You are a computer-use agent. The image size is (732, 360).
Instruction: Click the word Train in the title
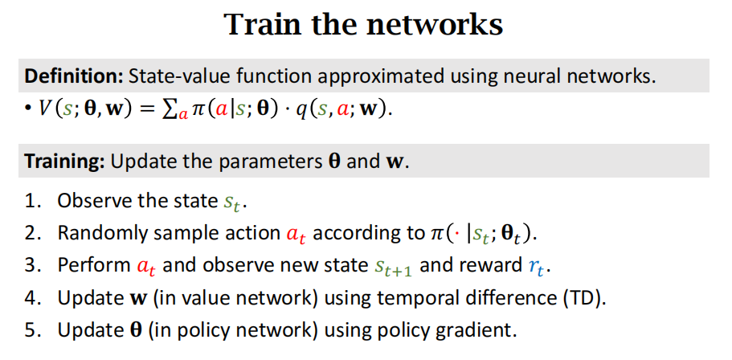261,25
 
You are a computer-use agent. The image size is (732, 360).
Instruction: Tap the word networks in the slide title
436,25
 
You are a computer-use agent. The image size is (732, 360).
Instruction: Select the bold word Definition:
73,77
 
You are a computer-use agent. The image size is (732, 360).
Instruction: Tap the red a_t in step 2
296,235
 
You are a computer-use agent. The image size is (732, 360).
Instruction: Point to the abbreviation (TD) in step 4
583,297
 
